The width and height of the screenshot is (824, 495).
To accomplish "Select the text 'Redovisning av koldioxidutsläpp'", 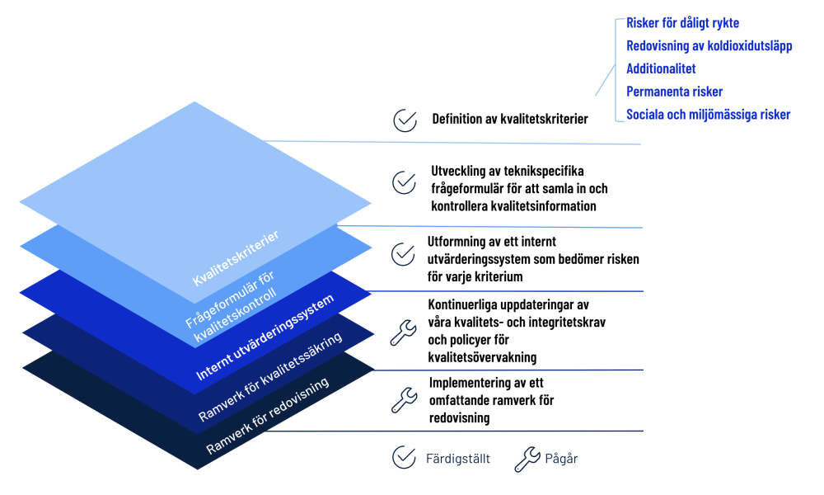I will [709, 46].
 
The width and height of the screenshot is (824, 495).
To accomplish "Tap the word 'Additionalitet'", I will [661, 68].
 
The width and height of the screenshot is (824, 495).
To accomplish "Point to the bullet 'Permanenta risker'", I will [674, 92].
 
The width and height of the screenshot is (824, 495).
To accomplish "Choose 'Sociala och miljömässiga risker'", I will [708, 115].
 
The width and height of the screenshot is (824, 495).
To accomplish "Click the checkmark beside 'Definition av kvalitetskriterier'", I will [405, 120].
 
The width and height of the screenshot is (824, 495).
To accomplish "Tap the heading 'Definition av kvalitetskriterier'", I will [510, 120].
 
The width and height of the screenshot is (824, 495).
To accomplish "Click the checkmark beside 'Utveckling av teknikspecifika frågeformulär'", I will [404, 182].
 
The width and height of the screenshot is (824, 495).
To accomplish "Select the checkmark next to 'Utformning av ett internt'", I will [403, 253].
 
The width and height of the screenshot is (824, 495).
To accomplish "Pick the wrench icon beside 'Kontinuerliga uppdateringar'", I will [402, 332].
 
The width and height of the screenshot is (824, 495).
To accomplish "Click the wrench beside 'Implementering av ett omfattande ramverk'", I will [403, 400].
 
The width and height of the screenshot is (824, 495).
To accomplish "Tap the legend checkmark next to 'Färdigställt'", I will [404, 458].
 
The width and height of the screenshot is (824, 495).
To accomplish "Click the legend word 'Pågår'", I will [561, 459].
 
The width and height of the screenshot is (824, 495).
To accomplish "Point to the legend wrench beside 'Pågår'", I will [527, 459].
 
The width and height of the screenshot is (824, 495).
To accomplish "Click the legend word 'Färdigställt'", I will [458, 459].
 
